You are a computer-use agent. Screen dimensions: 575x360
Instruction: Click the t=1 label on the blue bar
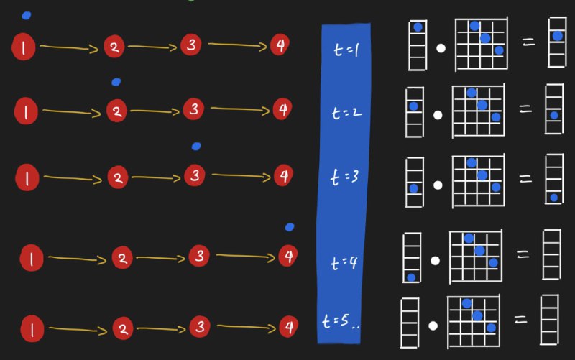pyautogui.click(x=346, y=50)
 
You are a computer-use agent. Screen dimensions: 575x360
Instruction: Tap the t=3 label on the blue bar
pyautogui.click(x=344, y=177)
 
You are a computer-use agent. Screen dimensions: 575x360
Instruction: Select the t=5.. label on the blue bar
pyautogui.click(x=341, y=321)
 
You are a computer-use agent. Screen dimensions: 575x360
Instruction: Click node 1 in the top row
pyautogui.click(x=24, y=47)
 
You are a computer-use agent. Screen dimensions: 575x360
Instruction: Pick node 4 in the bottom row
pyautogui.click(x=289, y=327)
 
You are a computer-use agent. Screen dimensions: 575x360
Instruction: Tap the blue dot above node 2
pyautogui.click(x=116, y=82)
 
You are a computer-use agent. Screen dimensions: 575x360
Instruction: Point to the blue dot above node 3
pyautogui.click(x=196, y=147)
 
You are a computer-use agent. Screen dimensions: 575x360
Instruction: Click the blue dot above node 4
pyautogui.click(x=290, y=227)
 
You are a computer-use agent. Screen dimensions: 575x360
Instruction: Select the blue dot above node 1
pyautogui.click(x=27, y=15)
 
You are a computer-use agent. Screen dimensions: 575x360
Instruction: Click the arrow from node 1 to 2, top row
pyautogui.click(x=69, y=48)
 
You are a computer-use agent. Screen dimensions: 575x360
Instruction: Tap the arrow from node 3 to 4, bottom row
pyautogui.click(x=246, y=327)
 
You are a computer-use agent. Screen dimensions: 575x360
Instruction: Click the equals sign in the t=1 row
pyautogui.click(x=528, y=42)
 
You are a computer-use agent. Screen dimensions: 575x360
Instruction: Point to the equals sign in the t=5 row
pyautogui.click(x=520, y=320)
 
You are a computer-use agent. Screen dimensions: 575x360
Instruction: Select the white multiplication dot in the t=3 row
pyautogui.click(x=438, y=185)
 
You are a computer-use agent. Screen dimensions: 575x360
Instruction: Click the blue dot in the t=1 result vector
pyautogui.click(x=558, y=36)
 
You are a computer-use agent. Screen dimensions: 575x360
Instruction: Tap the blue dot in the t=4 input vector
pyautogui.click(x=411, y=277)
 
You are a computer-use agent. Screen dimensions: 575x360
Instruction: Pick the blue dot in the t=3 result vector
pyautogui.click(x=553, y=198)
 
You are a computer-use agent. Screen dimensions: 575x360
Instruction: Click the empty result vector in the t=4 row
pyautogui.click(x=551, y=254)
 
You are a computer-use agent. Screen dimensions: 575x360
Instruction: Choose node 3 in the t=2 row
pyautogui.click(x=193, y=109)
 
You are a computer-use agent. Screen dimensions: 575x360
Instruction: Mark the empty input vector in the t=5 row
pyautogui.click(x=410, y=323)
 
